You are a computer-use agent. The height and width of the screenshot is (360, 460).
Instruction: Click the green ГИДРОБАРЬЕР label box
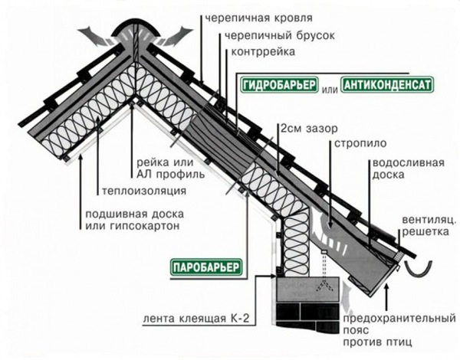278,85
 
